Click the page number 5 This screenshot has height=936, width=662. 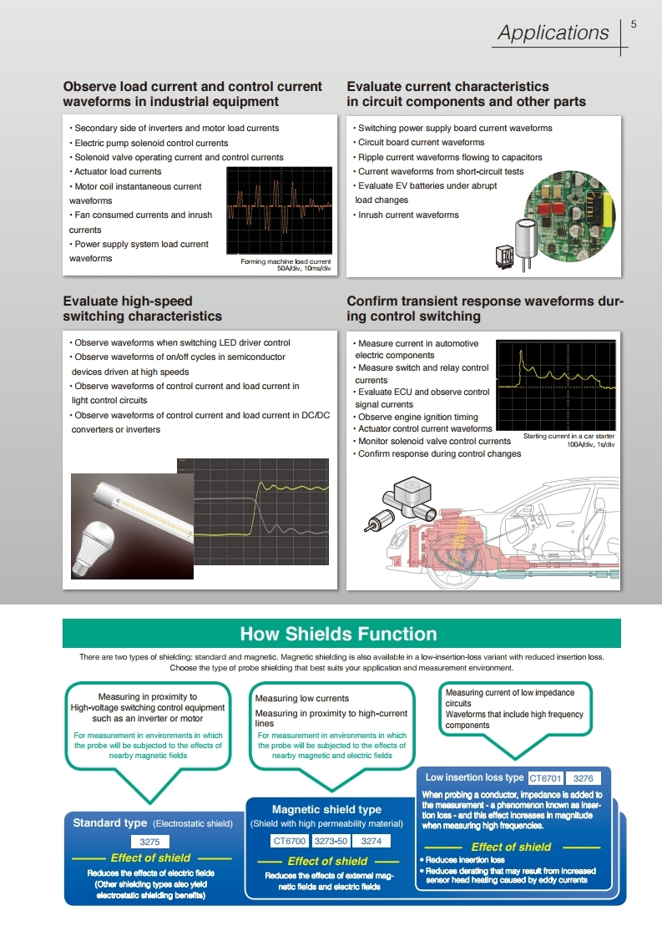coord(634,24)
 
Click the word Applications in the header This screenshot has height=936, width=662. coord(553,33)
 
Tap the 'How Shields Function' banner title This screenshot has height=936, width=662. coord(338,634)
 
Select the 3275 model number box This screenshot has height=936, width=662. coord(150,842)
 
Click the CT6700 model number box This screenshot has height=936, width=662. coord(291,841)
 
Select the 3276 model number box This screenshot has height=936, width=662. coord(588,778)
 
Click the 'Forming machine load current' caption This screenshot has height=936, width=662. coord(286,262)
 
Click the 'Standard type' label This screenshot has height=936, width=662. coord(109,823)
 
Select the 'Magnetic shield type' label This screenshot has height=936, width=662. coord(326,809)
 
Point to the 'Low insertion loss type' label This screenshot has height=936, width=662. coord(474,778)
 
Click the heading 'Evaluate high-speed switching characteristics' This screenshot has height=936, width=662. coord(142,309)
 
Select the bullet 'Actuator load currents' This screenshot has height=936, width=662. coord(118,172)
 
